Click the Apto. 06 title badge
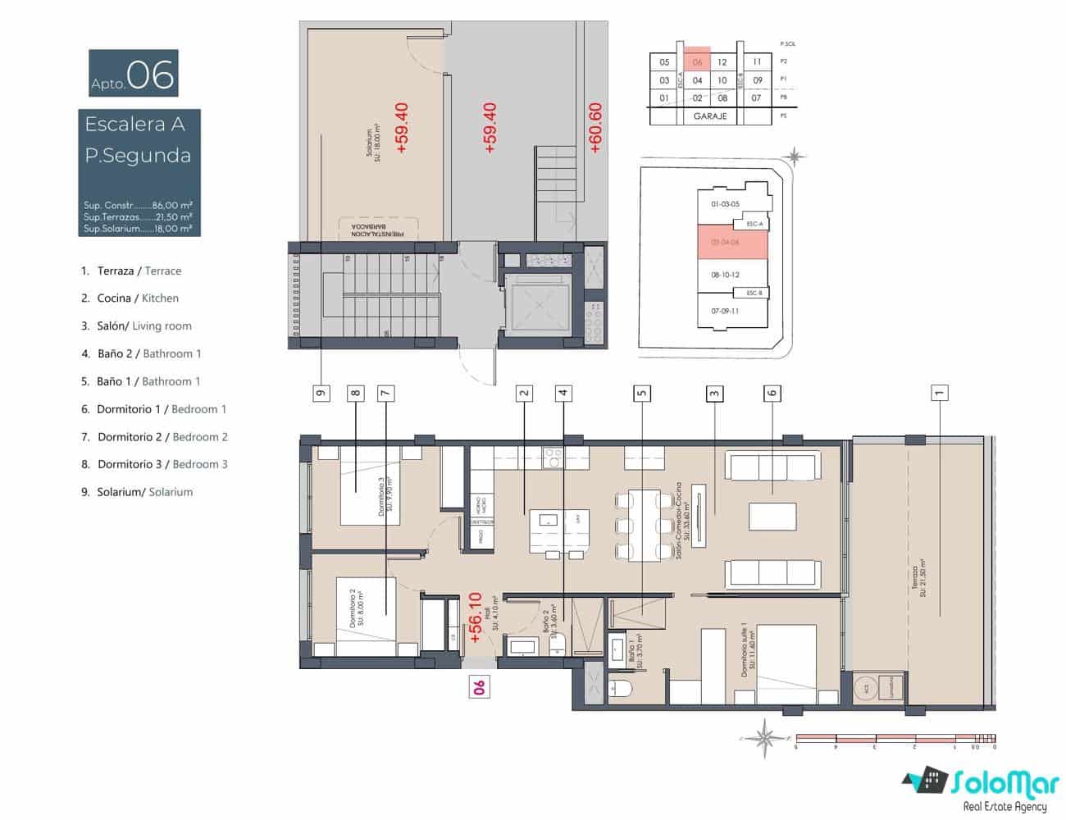(133, 74)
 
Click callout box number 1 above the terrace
(940, 393)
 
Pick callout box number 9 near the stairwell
(321, 393)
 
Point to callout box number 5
(642, 393)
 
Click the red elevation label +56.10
(474, 617)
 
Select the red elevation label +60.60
(595, 128)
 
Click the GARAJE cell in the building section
(710, 116)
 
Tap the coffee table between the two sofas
(772, 517)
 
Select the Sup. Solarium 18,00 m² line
(138, 229)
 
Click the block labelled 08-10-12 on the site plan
(725, 275)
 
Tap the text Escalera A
(135, 125)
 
